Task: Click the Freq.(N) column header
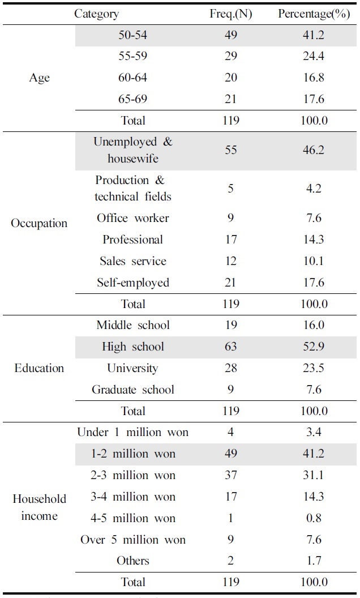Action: tap(230, 14)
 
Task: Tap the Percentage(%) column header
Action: tap(313, 14)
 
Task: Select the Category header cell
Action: tap(97, 14)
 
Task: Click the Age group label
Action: tap(39, 78)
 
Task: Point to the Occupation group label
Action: tap(39, 223)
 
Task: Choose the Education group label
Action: tap(39, 368)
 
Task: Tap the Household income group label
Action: tap(39, 507)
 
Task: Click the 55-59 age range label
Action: tap(133, 56)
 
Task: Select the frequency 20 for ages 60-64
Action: tap(230, 78)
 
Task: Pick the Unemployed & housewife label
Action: tap(133, 150)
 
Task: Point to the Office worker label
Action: tap(133, 218)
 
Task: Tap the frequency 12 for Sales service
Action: tap(230, 261)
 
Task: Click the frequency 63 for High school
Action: tap(230, 347)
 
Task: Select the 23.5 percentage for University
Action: tap(313, 368)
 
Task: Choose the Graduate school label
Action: tap(133, 390)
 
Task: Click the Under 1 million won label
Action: tap(133, 433)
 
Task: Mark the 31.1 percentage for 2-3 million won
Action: tap(313, 475)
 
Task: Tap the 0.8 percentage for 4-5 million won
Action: tap(313, 518)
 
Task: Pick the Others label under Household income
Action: tap(133, 561)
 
